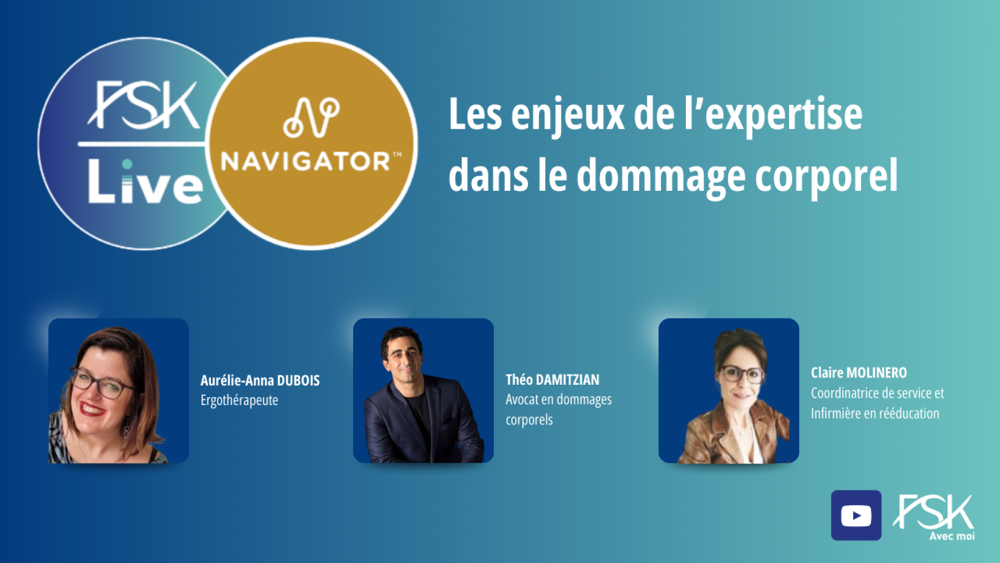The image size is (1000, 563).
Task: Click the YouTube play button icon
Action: tap(856, 516)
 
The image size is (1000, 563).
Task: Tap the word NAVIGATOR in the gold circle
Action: tap(306, 162)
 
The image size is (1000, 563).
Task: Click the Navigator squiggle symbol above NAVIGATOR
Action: tap(311, 117)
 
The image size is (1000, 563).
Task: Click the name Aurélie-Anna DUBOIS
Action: tap(260, 381)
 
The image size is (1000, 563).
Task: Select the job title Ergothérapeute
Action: tap(239, 400)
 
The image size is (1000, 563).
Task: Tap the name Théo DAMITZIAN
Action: tap(552, 380)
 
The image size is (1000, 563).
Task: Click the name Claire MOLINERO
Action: tap(858, 373)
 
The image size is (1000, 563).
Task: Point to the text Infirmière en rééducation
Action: tap(874, 413)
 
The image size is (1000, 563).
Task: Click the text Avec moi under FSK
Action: tap(952, 536)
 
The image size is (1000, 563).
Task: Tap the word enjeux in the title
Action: tap(567, 116)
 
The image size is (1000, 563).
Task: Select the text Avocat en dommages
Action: tap(558, 400)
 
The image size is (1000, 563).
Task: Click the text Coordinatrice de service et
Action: tap(877, 393)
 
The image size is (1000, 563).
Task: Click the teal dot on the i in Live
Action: tap(127, 165)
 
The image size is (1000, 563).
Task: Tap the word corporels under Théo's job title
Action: tap(529, 420)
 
